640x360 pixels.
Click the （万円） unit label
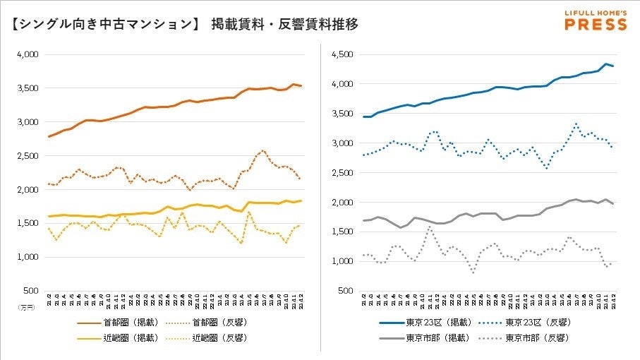25,307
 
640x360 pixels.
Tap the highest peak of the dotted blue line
576,125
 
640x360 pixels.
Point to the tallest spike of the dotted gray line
429,227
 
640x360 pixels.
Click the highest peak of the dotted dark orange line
262,150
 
